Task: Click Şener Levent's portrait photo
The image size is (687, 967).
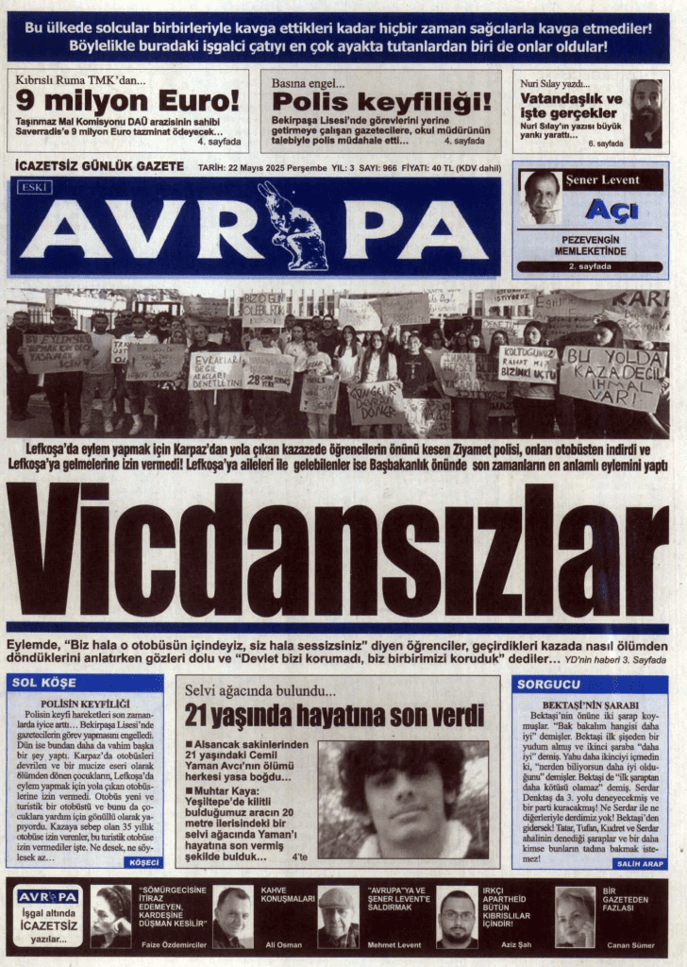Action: coord(542,196)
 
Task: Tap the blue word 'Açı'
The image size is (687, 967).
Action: coord(611,210)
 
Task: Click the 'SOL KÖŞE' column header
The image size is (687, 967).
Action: coord(58,682)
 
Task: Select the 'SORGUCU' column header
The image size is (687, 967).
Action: coord(548,682)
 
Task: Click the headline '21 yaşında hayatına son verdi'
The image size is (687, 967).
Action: coord(333,715)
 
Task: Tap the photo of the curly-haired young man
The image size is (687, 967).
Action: coord(403,799)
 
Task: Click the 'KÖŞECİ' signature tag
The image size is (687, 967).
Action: coord(143,862)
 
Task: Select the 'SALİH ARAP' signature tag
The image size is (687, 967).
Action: coord(639,863)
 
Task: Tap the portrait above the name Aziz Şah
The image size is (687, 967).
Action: coord(457,916)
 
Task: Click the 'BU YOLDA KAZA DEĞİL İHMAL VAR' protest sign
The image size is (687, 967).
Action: coord(612,377)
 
